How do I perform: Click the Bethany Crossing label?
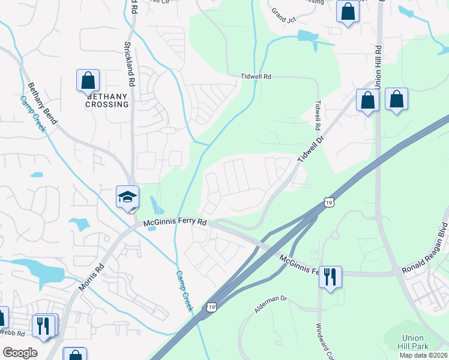tap(107, 100)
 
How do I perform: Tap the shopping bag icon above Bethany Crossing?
tap(88, 80)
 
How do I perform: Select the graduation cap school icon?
tap(127, 197)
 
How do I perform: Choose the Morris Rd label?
tap(91, 277)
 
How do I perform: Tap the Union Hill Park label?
tap(414, 342)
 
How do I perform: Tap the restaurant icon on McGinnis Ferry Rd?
tap(330, 277)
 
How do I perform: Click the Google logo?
tap(20, 353)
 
